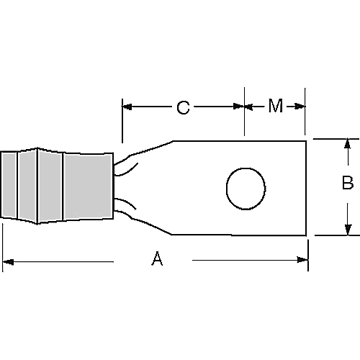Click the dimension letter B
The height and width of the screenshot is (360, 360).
(347, 184)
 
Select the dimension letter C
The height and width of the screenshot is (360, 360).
(183, 108)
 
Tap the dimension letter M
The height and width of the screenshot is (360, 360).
(275, 107)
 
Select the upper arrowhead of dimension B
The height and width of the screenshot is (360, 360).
(348, 144)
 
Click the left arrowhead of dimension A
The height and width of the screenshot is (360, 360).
(7, 260)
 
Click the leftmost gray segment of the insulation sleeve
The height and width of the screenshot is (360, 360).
(9, 186)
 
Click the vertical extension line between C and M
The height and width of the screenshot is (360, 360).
(245, 119)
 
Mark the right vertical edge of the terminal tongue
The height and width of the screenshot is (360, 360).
(307, 187)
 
